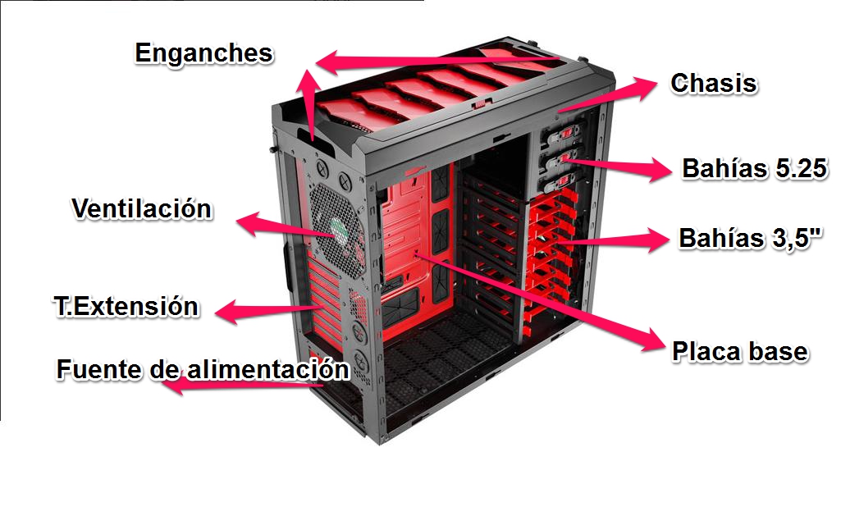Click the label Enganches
[x=203, y=53]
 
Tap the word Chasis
[x=713, y=84]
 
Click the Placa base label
[x=739, y=352]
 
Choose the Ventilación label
[x=141, y=209]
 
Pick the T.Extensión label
[x=126, y=307]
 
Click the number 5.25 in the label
[x=797, y=170]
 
